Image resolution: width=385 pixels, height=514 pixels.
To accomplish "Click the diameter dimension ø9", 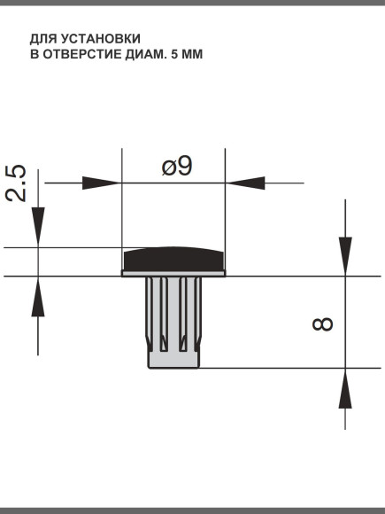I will [x=177, y=166].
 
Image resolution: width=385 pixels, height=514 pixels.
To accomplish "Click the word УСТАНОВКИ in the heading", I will [x=103, y=39].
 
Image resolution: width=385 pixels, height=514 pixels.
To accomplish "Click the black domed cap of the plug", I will [x=174, y=259].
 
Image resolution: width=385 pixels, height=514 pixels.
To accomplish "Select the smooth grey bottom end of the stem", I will [x=174, y=358].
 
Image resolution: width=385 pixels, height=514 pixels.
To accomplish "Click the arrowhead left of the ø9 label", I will [x=102, y=183].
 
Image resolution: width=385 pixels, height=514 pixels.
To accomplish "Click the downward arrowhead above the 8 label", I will [x=345, y=256].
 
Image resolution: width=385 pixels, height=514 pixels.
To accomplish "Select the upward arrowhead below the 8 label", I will [x=345, y=387].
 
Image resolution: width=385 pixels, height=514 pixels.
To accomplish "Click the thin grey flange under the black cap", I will [x=174, y=275].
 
